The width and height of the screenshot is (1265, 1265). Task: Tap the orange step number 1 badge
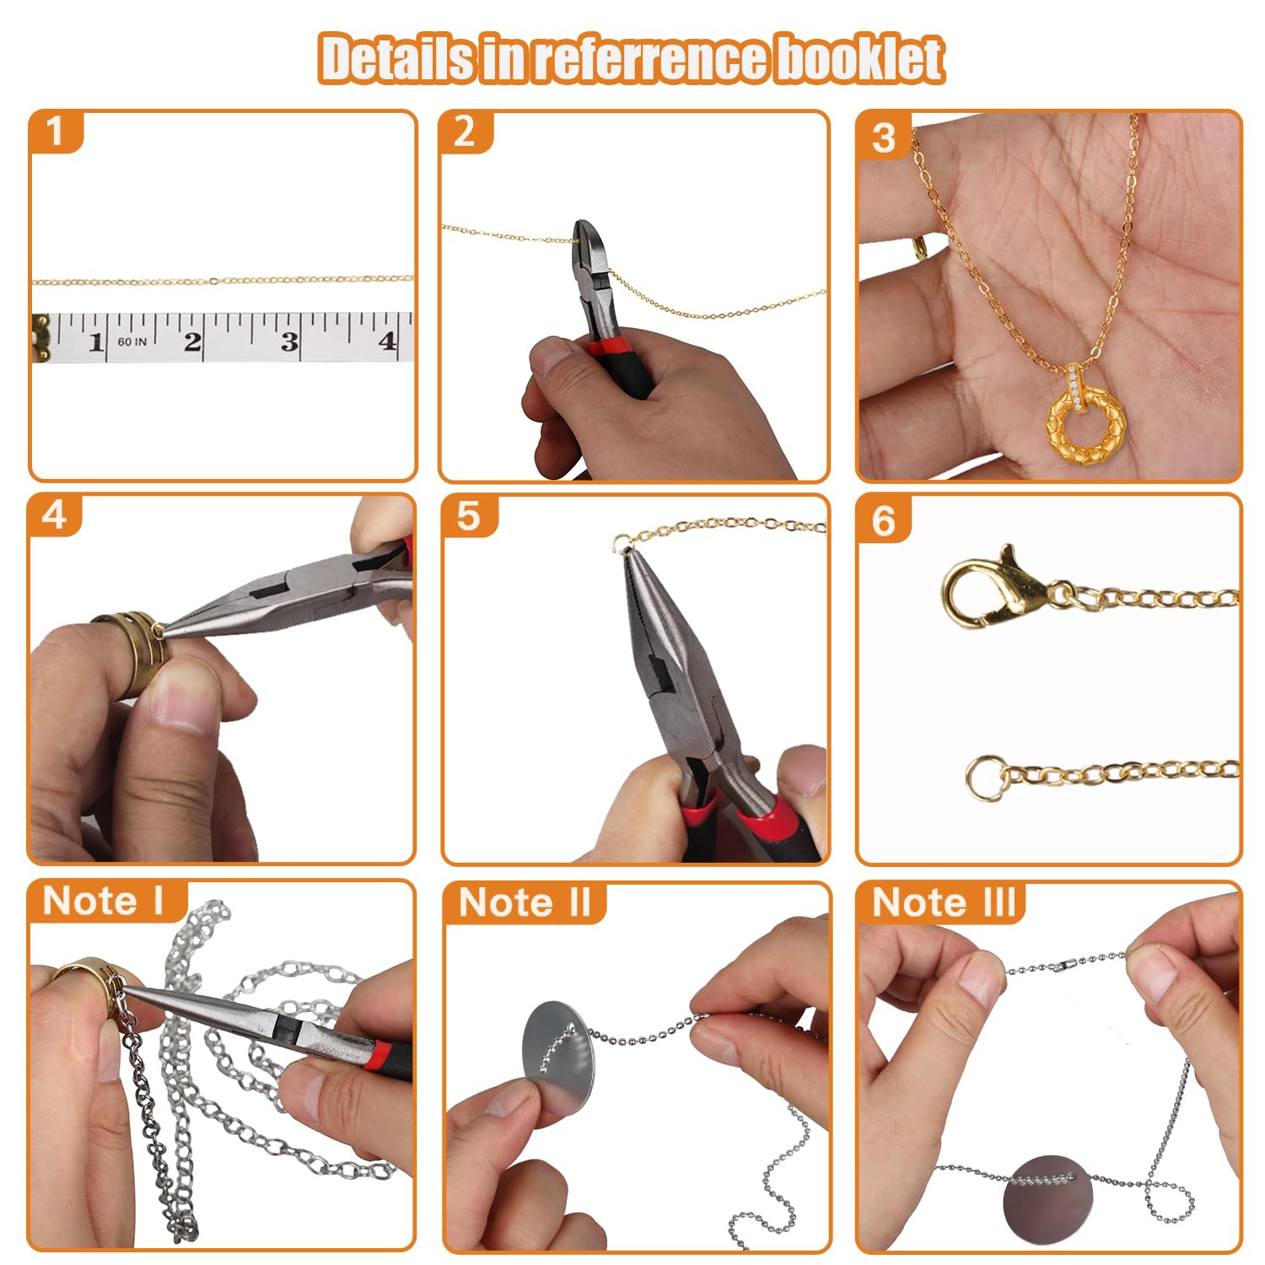click(x=56, y=131)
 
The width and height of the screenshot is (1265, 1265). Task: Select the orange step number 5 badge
click(x=469, y=515)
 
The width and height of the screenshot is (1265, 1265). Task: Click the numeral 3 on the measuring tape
click(x=289, y=342)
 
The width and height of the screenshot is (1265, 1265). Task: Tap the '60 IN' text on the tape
click(x=132, y=342)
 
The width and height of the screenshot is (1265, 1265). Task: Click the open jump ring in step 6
click(x=987, y=778)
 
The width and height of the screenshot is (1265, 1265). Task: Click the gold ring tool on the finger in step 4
click(x=131, y=649)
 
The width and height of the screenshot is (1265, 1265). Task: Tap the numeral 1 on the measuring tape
click(x=95, y=342)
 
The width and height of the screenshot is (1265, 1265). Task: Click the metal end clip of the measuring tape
click(x=40, y=337)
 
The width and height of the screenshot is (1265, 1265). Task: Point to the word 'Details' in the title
click(x=397, y=58)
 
